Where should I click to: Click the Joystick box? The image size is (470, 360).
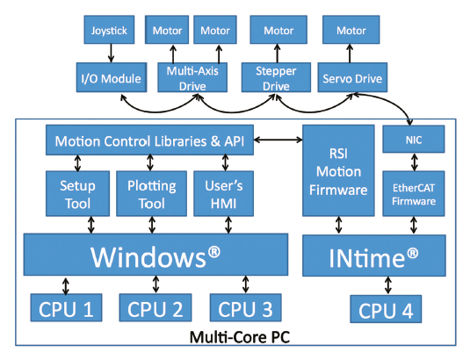[x=109, y=30]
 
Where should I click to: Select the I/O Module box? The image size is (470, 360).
[x=112, y=77]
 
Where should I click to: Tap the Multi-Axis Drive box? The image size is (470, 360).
[x=192, y=77]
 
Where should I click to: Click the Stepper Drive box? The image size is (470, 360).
[x=276, y=77]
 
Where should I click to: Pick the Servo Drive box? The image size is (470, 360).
[x=352, y=77]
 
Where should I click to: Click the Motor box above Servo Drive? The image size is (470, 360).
[x=351, y=30]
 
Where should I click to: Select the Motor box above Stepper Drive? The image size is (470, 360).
[x=278, y=30]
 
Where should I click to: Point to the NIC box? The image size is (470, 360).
[x=414, y=139]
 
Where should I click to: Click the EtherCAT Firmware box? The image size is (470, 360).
[x=414, y=193]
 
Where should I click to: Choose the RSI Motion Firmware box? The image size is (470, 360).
[x=338, y=170]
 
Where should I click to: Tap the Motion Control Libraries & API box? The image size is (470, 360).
[x=149, y=140]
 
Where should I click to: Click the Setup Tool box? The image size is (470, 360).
[x=77, y=193]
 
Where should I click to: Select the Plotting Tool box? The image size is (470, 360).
[x=152, y=193]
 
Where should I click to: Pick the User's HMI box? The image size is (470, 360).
[x=224, y=193]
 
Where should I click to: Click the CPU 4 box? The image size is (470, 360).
[x=386, y=309]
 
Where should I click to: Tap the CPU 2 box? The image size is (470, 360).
[x=155, y=307]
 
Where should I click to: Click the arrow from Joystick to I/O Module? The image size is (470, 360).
[x=111, y=54]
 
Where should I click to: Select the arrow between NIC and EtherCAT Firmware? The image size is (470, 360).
[x=415, y=162]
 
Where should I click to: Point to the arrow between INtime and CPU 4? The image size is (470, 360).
[x=388, y=285]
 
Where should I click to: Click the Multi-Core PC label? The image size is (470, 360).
[x=240, y=337]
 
